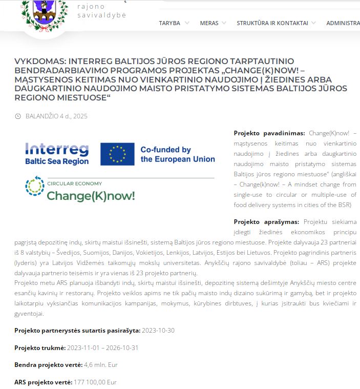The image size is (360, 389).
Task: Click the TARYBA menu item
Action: pyautogui.click(x=170, y=23)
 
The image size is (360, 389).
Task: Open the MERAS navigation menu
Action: pyautogui.click(x=209, y=23)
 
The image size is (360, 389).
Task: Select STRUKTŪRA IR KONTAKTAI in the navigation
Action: pyautogui.click(x=272, y=23)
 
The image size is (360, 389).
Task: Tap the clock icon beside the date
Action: pyautogui.click(x=18, y=116)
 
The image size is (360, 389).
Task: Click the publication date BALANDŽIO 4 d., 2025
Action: pyautogui.click(x=56, y=116)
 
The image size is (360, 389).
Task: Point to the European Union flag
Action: pyautogui.click(x=117, y=154)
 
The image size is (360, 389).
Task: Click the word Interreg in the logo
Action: pyautogui.click(x=57, y=149)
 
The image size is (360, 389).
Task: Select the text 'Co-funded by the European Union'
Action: pyautogui.click(x=177, y=154)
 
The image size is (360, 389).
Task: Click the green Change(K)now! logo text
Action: pyautogui.click(x=91, y=196)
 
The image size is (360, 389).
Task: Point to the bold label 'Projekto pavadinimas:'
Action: pyautogui.click(x=269, y=133)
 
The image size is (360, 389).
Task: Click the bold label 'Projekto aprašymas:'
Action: pyautogui.click(x=266, y=222)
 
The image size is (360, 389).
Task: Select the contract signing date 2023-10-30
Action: pyautogui.click(x=158, y=331)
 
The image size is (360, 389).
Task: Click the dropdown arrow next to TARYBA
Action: pyautogui.click(x=187, y=23)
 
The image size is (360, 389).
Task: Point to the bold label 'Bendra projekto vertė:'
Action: pyautogui.click(x=48, y=365)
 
